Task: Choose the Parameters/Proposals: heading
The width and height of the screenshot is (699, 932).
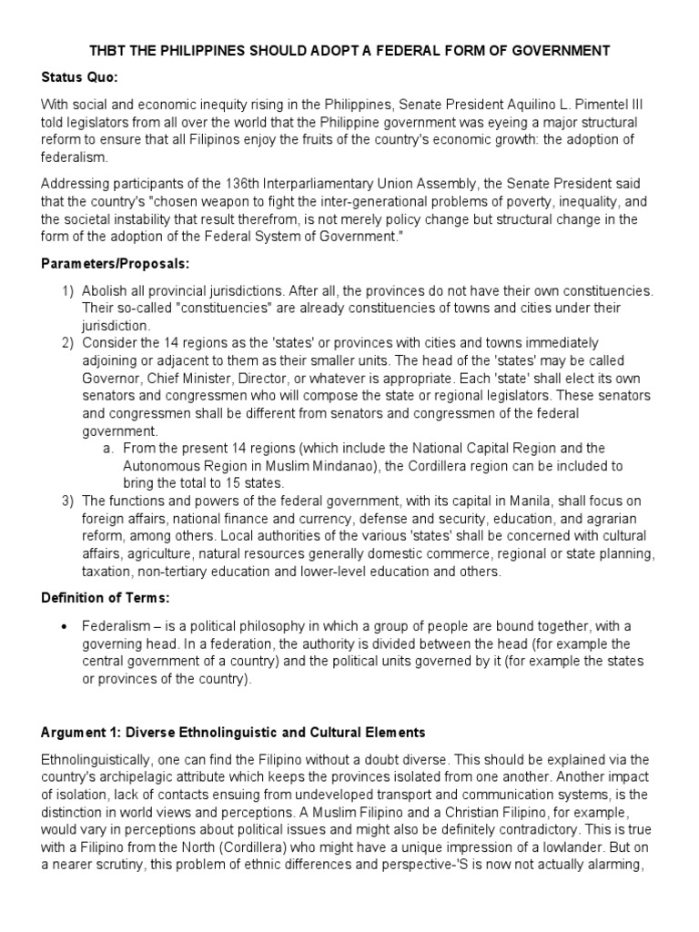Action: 115,266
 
